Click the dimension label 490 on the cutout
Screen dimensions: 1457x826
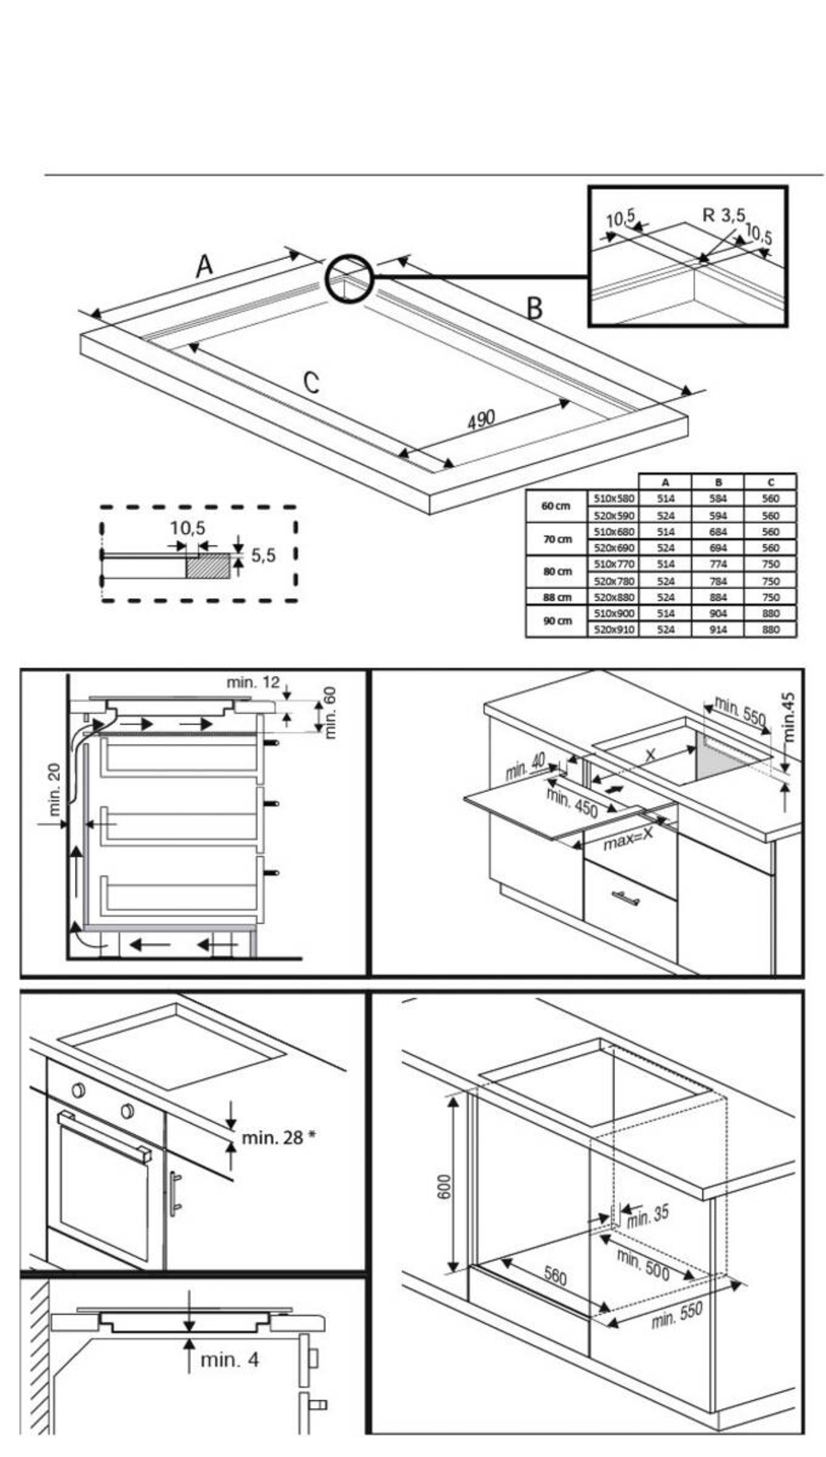(481, 419)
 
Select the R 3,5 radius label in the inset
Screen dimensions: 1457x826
(723, 216)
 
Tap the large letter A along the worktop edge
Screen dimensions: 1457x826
(204, 266)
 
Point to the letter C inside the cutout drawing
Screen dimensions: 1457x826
(311, 382)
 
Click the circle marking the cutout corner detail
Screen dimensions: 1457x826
(349, 278)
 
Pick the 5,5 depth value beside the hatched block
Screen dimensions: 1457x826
(263, 555)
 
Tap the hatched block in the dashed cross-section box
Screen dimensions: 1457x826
(207, 563)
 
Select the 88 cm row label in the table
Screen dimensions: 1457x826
(556, 596)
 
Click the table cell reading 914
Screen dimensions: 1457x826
(718, 629)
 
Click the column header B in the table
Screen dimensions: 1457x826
(718, 482)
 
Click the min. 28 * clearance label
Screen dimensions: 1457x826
(279, 1138)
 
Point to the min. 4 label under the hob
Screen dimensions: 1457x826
(229, 1359)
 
